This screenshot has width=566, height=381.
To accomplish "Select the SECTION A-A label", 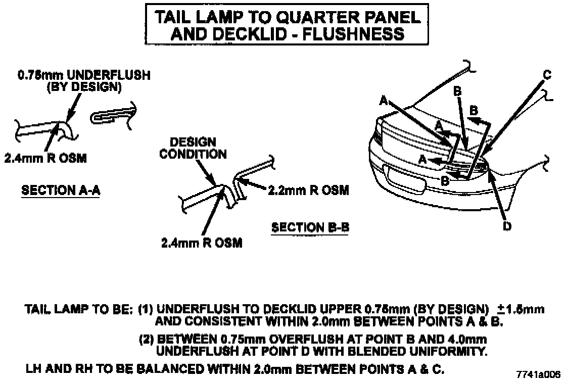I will point(60,191).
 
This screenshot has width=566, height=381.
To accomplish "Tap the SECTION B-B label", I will point(310,227).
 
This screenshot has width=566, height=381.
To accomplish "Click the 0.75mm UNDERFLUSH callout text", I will point(84,76).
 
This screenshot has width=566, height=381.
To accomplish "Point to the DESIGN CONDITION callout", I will point(193,148).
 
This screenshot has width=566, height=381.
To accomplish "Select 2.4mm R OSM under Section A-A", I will point(45,158).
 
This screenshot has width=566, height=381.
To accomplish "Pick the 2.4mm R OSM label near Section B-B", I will point(202,243).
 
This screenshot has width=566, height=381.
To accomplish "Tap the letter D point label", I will point(507,227).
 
